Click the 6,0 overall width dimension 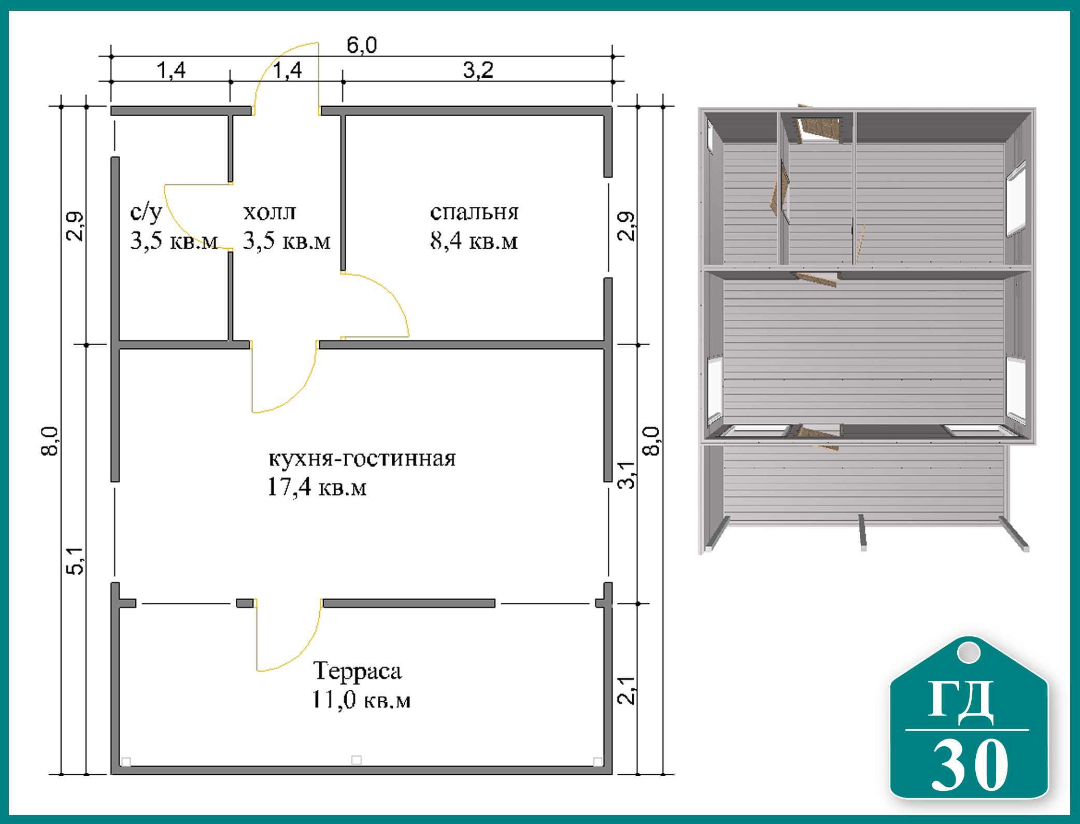click(x=362, y=45)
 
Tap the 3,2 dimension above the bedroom click(x=478, y=70)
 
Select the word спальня click(x=474, y=212)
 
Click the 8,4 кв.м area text click(x=474, y=241)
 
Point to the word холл click(x=269, y=212)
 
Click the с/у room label click(x=146, y=212)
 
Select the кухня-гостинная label click(x=362, y=459)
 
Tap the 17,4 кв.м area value click(x=317, y=487)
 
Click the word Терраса click(x=358, y=671)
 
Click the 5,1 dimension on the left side click(x=75, y=561)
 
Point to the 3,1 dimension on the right click(x=626, y=475)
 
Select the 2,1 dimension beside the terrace click(x=626, y=690)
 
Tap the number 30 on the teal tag click(x=970, y=764)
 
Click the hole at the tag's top click(x=969, y=652)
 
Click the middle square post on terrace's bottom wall click(x=357, y=760)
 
